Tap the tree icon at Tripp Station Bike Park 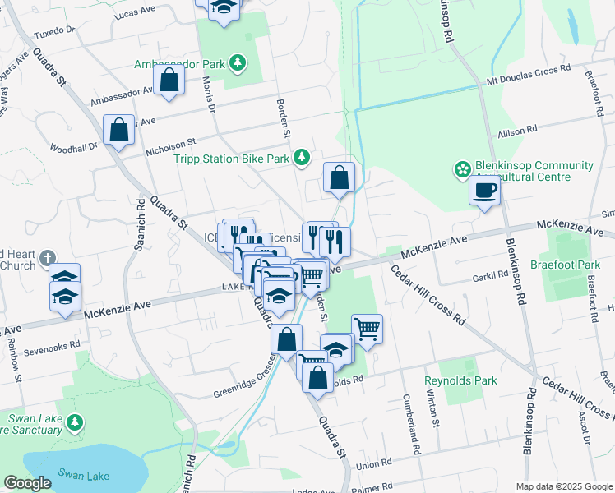[303, 156]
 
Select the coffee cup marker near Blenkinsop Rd [485, 191]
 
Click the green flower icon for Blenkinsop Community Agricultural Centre [461, 170]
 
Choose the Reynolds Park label [460, 381]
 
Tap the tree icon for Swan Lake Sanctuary [75, 422]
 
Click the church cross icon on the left [48, 257]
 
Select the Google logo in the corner [27, 483]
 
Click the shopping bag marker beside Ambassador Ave [169, 81]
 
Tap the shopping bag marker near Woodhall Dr [118, 130]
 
